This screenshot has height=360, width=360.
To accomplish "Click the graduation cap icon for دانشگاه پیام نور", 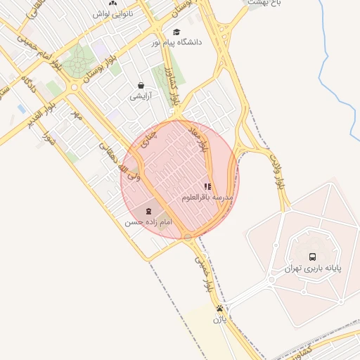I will pyautogui.click(x=176, y=32).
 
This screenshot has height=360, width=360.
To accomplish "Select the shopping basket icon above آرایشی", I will pyautogui.click(x=141, y=85).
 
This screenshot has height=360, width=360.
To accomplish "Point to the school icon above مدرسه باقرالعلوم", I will pyautogui.click(x=207, y=187).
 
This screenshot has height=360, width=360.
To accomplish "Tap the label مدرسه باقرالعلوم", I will pyautogui.click(x=207, y=198).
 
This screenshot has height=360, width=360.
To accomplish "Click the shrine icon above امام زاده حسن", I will pyautogui.click(x=148, y=210).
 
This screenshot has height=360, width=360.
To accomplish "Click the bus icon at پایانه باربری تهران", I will pyautogui.click(x=312, y=257).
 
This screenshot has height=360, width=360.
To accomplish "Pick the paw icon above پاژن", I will pyautogui.click(x=220, y=309).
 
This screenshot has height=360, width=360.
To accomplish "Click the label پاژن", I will pyautogui.click(x=220, y=320).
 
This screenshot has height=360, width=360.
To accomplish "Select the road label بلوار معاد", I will pyautogui.click(x=205, y=141).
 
